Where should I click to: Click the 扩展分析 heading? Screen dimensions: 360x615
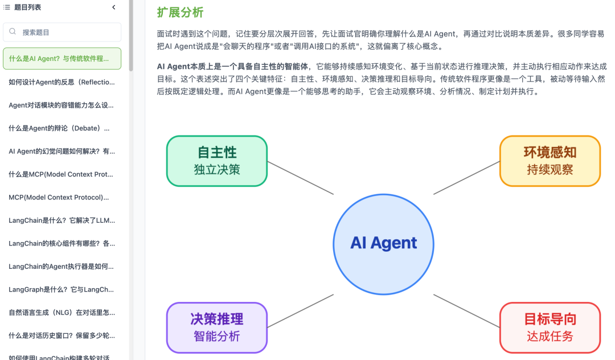[180, 13]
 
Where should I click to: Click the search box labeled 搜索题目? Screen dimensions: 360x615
[62, 32]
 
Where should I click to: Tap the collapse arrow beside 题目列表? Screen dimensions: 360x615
[114, 7]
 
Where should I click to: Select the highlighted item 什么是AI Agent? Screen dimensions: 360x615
[62, 59]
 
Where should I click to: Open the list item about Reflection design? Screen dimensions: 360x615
[62, 82]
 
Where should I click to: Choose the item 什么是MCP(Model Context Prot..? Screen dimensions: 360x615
[62, 174]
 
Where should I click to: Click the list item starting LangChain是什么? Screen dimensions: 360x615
[62, 220]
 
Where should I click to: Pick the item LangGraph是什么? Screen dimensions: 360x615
[62, 289]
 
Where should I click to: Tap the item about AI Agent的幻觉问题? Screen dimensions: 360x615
[62, 152]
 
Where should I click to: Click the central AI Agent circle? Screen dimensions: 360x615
[383, 244]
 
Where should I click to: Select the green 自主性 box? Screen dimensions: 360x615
[217, 161]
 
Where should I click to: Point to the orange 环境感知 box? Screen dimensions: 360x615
[550, 161]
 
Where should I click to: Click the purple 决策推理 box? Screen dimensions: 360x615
[217, 328]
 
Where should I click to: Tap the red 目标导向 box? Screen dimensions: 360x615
[550, 328]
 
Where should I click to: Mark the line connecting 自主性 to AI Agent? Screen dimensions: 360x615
[300, 178]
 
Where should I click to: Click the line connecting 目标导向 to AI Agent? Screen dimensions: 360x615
[466, 311]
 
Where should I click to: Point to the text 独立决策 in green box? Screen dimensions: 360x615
[217, 169]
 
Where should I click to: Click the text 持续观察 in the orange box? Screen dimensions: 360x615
[550, 169]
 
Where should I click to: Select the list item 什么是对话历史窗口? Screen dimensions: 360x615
[62, 336]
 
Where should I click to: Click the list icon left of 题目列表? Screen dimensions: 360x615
[7, 7]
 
